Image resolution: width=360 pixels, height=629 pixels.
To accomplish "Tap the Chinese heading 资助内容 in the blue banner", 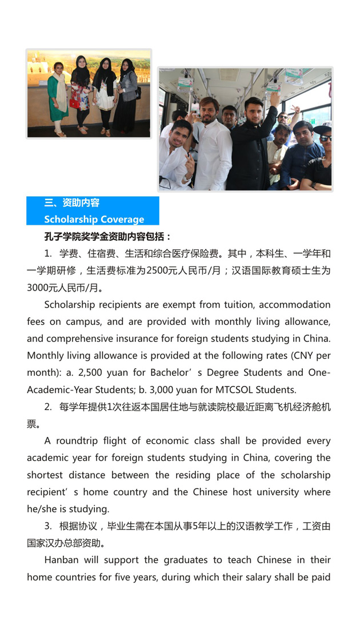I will click(81, 203).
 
